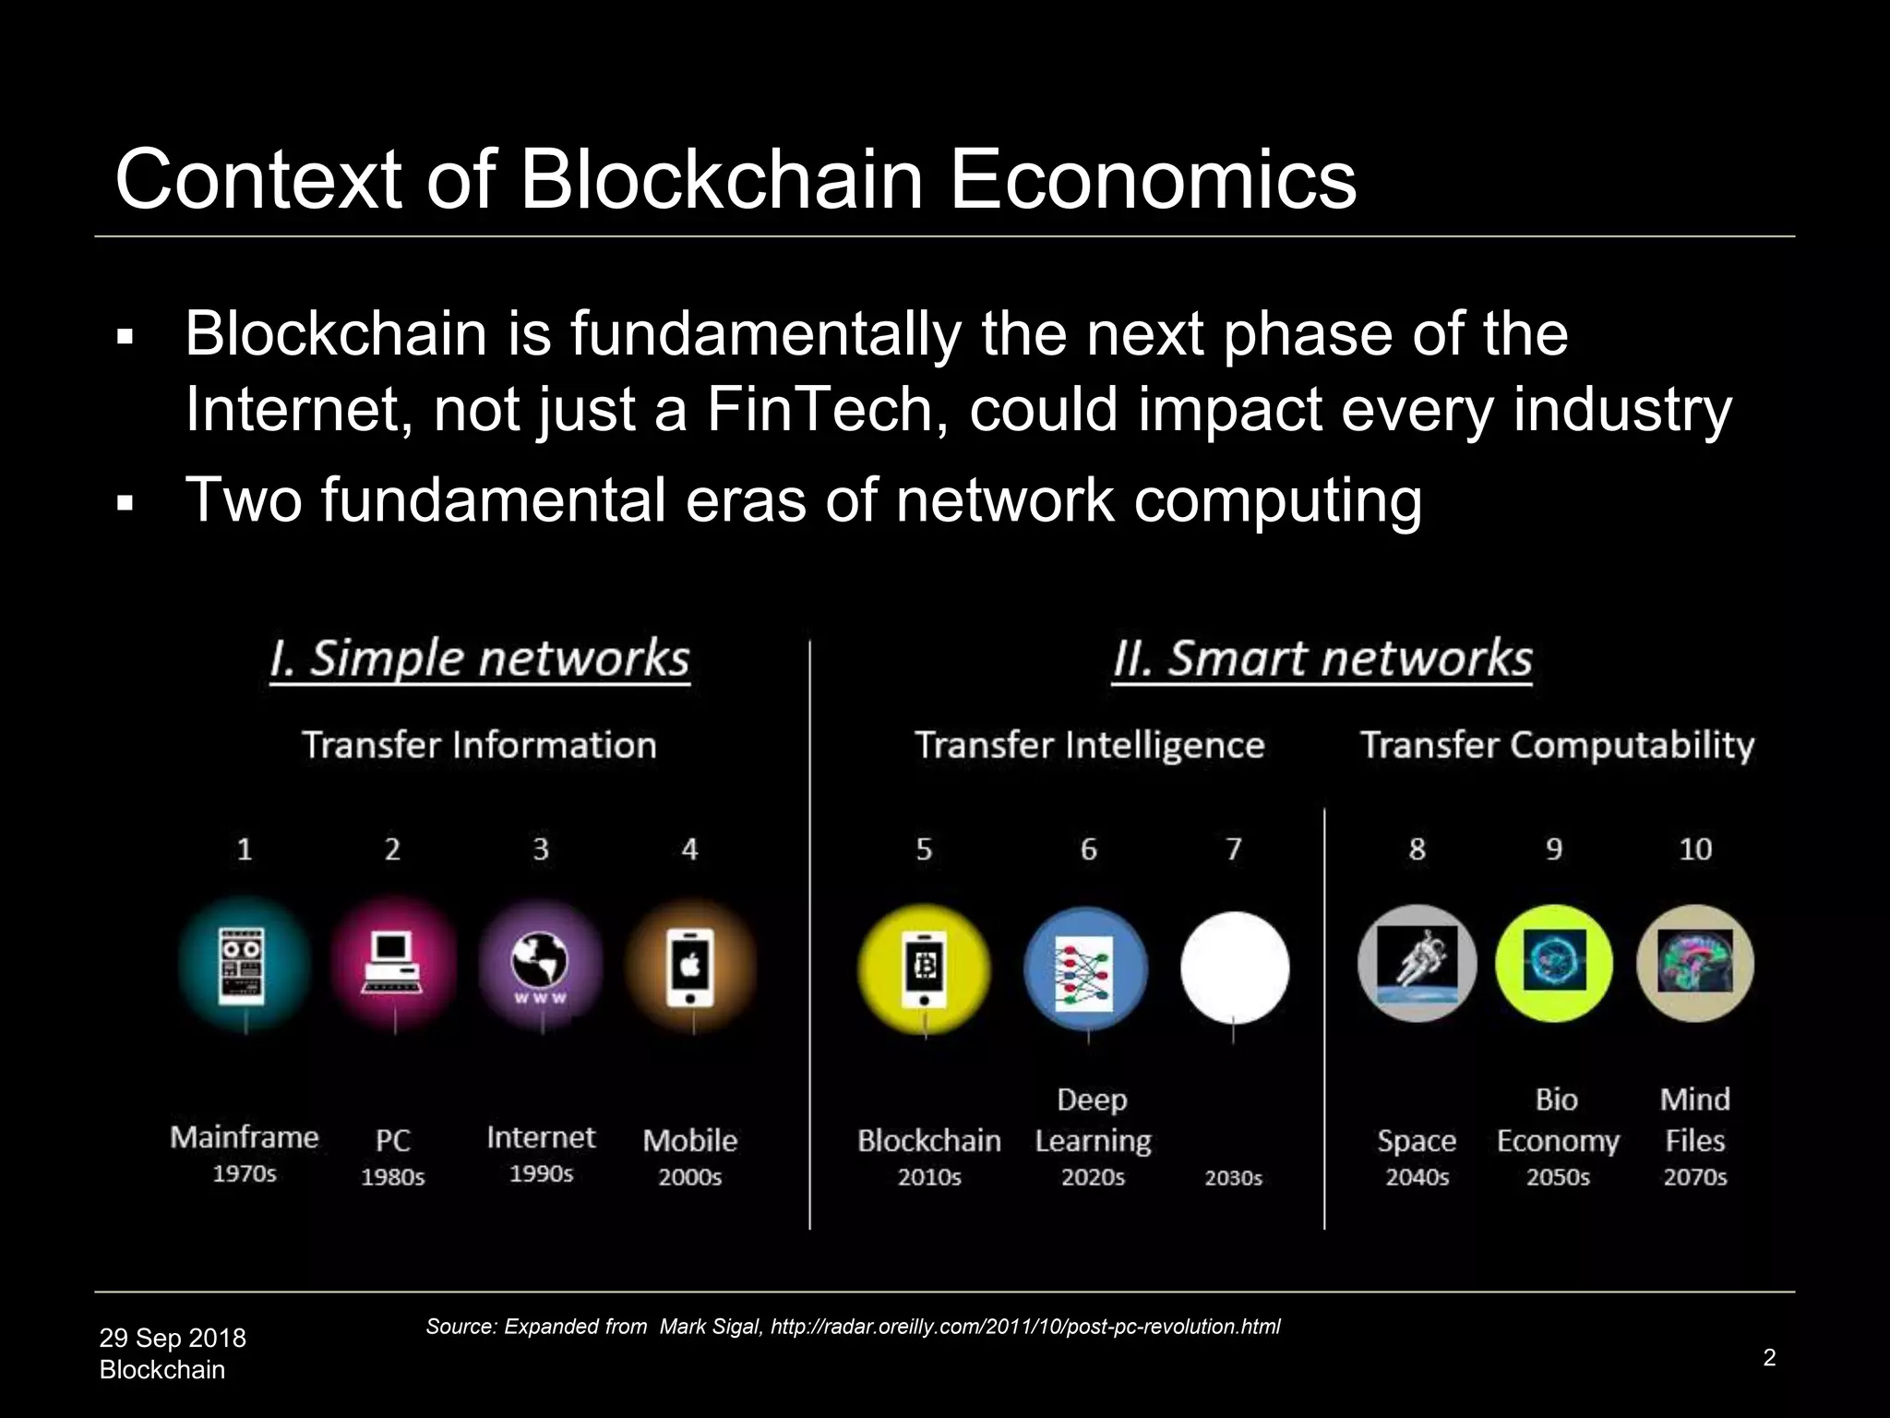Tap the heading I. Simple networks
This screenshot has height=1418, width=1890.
[480, 659]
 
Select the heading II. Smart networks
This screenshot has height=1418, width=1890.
[1322, 659]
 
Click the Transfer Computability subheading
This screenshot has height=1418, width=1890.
[1557, 745]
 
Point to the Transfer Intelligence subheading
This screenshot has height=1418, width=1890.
[1089, 745]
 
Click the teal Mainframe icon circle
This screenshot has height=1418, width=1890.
[245, 965]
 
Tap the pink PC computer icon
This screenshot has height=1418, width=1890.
[393, 965]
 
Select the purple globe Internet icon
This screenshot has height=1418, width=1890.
[541, 965]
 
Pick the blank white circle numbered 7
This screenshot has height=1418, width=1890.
[1234, 967]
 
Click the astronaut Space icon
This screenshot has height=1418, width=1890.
[1417, 964]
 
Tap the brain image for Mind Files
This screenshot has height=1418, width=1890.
[1694, 962]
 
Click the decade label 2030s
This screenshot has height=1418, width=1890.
[1233, 1178]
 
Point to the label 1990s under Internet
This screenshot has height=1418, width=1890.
[541, 1173]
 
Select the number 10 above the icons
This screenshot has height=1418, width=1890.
[1694, 849]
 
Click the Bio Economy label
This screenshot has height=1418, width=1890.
[1558, 1121]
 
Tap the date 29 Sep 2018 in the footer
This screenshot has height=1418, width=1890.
[173, 1338]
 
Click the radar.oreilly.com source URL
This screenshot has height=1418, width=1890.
[1024, 1327]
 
